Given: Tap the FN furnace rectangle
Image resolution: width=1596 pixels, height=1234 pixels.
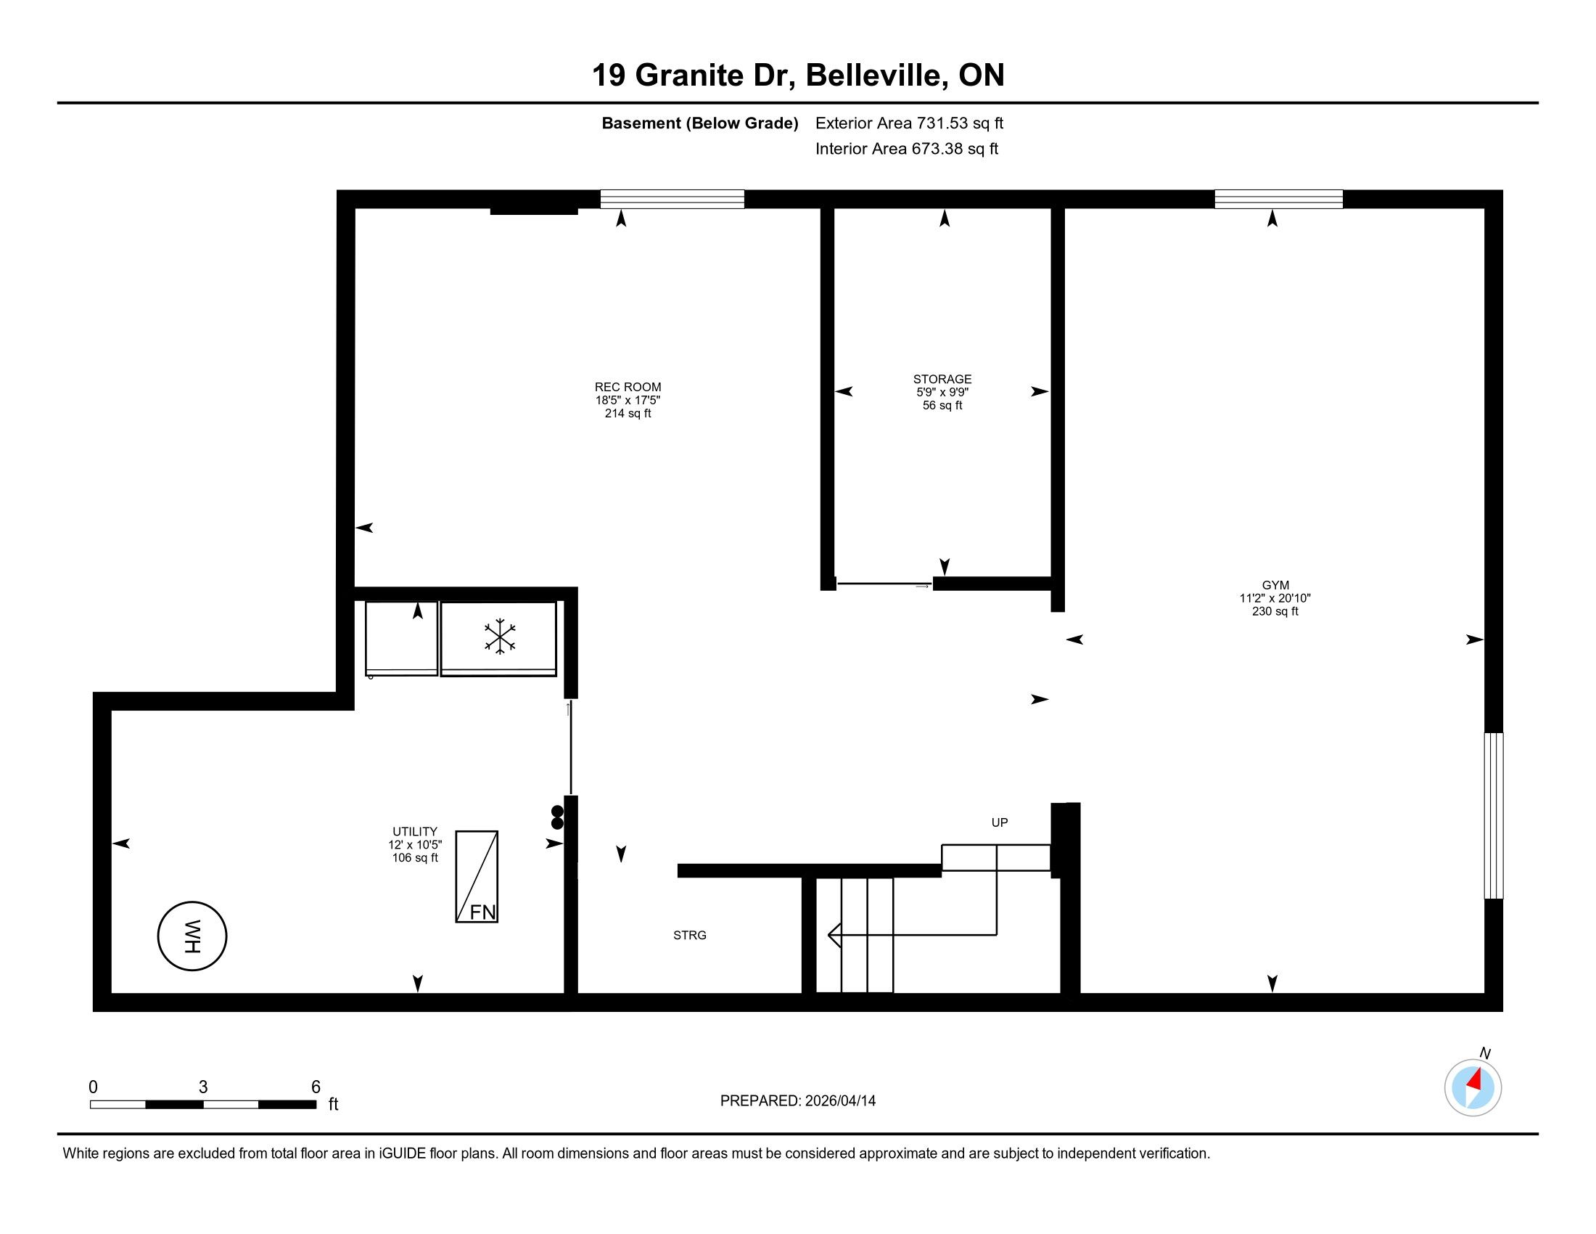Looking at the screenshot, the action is [477, 877].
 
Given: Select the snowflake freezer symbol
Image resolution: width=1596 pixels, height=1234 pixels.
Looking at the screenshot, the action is [500, 636].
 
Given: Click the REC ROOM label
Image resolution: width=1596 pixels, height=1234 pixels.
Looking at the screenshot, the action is [628, 388].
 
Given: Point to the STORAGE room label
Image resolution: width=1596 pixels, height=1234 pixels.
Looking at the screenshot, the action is [942, 380].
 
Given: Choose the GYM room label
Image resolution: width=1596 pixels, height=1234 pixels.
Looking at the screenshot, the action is [1275, 585].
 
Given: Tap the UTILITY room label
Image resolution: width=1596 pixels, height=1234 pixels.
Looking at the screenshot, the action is [415, 831].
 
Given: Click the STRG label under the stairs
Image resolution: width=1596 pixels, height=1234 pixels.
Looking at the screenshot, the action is [690, 935].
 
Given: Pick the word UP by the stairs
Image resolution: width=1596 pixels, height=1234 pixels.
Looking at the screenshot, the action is [1000, 822].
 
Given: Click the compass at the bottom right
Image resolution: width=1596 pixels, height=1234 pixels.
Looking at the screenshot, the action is [1473, 1087].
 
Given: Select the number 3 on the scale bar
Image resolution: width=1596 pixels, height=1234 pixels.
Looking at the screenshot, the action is [203, 1087].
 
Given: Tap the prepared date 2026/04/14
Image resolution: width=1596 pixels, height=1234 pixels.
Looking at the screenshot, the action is [839, 1100].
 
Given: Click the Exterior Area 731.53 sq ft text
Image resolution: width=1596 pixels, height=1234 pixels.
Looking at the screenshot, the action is [909, 123].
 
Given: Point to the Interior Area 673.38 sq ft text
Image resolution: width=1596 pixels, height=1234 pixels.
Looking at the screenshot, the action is [906, 148].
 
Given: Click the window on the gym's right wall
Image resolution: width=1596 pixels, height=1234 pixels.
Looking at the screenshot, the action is [1494, 815].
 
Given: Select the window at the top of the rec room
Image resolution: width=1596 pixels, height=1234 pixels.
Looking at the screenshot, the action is [672, 199].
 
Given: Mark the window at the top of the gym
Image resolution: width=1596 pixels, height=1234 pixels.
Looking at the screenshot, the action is [1279, 199].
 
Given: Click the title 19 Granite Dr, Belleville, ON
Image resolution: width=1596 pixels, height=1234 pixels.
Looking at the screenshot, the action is [798, 75].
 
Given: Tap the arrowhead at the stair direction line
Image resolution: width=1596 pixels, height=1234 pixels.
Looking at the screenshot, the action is [834, 935].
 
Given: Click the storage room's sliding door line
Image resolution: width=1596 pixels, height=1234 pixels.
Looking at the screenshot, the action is [884, 584].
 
